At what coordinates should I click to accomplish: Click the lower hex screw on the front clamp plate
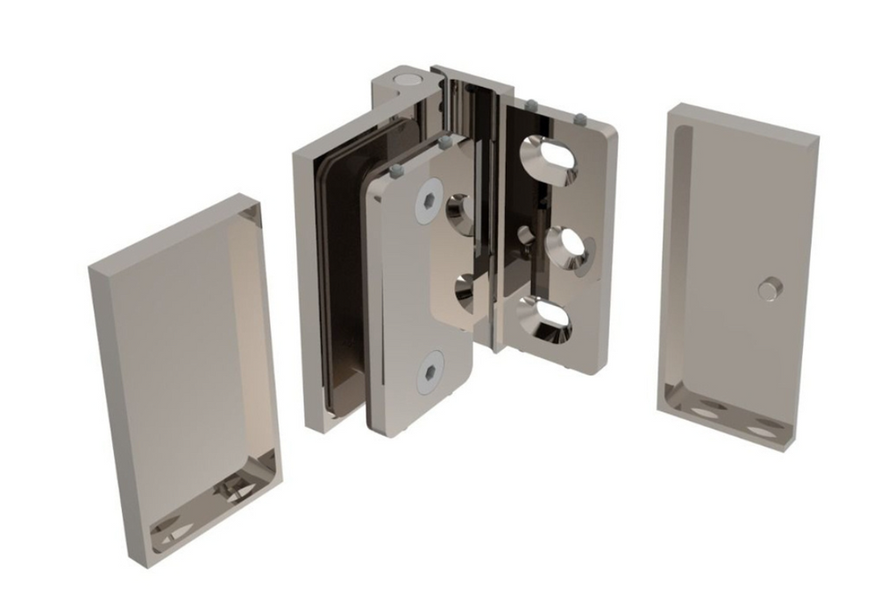[x=429, y=374]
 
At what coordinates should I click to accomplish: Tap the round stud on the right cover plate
[x=769, y=289]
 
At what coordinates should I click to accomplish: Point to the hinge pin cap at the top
[x=405, y=82]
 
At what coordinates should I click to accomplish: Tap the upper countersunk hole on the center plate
[x=459, y=213]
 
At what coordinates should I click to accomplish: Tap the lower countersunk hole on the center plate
[x=461, y=293]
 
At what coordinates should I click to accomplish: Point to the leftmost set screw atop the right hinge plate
[x=530, y=106]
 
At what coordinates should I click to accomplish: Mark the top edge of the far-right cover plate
[x=745, y=121]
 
